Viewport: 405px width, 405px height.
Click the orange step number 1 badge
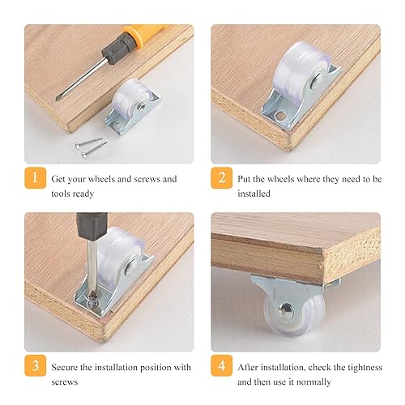click(x=36, y=177)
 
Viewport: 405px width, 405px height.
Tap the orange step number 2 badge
click(x=222, y=177)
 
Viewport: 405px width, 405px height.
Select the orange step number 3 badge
click(x=36, y=365)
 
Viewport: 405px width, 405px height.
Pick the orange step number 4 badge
click(x=222, y=365)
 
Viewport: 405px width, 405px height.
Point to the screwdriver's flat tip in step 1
click(x=58, y=99)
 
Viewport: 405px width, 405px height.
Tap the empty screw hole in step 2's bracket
click(x=281, y=117)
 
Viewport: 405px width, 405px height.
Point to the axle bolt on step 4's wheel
click(x=286, y=309)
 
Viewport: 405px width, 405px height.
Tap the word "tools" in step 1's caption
click(x=61, y=194)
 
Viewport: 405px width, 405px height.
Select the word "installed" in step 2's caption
click(x=254, y=194)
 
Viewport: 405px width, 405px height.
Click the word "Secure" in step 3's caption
click(x=65, y=367)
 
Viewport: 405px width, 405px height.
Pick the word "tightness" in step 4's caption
click(x=365, y=367)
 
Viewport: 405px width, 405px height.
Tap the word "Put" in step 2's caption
click(x=244, y=179)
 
